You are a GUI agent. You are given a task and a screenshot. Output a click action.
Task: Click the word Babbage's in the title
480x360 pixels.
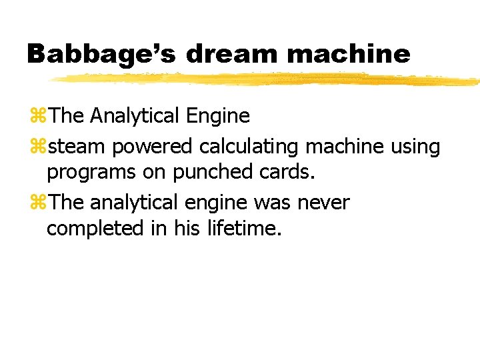(x=100, y=54)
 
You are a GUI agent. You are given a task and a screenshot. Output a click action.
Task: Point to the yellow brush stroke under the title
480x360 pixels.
(x=267, y=79)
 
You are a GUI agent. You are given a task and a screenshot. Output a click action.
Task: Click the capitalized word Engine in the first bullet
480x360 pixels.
(x=218, y=117)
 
